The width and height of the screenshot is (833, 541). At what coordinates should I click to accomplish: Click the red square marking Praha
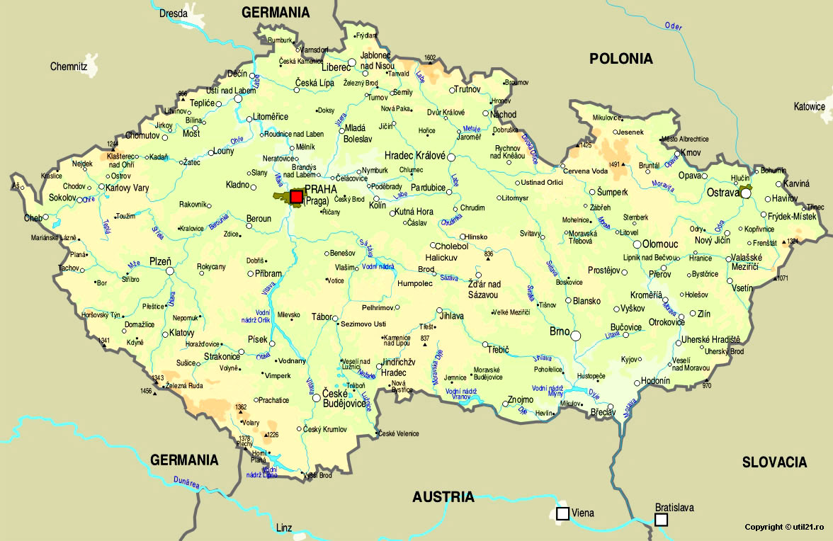[x=296, y=196]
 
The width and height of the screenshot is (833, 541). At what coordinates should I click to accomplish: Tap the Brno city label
[x=559, y=331]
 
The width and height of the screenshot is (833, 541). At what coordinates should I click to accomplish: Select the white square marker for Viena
[x=562, y=513]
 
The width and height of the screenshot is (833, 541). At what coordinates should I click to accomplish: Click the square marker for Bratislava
[x=661, y=520]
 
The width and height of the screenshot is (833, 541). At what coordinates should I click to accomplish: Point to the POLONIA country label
[x=621, y=59]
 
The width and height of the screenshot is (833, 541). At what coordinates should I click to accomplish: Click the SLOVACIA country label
[x=774, y=462]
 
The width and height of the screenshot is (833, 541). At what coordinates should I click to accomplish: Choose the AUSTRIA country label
[x=443, y=497]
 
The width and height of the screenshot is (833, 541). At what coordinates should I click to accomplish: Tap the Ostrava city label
[x=722, y=192]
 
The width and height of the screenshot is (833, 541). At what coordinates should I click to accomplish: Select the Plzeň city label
[x=159, y=261]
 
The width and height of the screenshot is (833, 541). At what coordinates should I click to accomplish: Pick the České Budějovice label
[x=344, y=399]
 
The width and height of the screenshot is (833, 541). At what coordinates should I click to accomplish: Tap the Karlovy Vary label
[x=127, y=188]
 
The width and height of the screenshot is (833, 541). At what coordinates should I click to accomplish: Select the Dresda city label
[x=174, y=13]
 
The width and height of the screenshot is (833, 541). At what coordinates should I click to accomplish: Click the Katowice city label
[x=809, y=107]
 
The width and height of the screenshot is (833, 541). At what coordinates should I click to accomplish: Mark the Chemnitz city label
[x=68, y=67]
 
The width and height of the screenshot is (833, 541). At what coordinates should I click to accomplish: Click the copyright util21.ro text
[x=783, y=527]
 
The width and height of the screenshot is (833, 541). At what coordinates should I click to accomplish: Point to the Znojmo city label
[x=521, y=400]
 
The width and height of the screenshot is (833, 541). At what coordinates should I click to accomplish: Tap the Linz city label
[x=284, y=528]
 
